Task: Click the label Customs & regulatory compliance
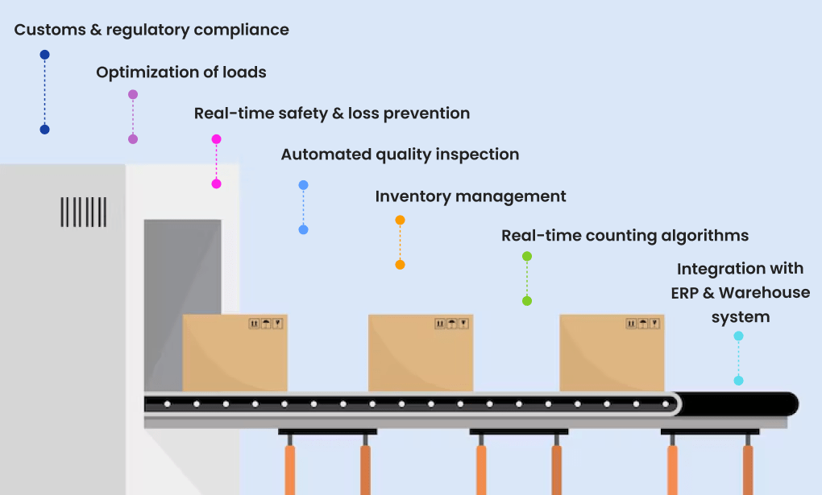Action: (152, 31)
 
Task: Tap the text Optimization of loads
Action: (181, 72)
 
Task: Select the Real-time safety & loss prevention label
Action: (332, 113)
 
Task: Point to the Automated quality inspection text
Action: (400, 155)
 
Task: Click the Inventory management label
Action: (471, 196)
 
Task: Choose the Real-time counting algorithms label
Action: (625, 236)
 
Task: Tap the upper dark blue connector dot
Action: (44, 55)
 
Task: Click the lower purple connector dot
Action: (133, 139)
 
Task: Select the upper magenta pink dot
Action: (216, 139)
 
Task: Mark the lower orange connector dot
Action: (400, 265)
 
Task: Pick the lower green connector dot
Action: (527, 301)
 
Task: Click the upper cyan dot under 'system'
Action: (738, 336)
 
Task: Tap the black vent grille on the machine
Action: (83, 212)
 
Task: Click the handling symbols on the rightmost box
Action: (642, 324)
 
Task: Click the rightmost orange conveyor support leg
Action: (748, 470)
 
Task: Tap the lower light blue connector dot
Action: (303, 229)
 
